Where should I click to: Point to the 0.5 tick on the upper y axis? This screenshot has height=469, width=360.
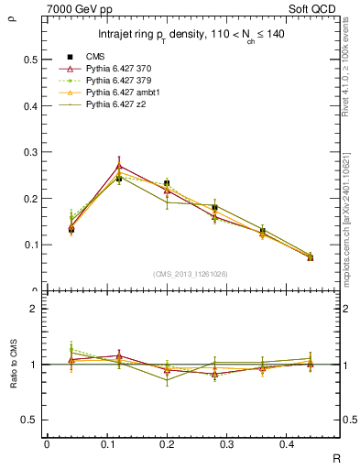(x=32, y=60)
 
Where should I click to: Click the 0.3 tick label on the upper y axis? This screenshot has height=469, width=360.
(x=32, y=152)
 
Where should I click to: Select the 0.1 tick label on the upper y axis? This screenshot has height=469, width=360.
(x=32, y=245)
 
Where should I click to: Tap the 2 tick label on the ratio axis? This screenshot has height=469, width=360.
(x=34, y=309)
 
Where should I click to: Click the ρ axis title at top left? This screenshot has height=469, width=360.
(x=11, y=16)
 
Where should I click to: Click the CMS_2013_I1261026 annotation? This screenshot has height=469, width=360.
(x=191, y=274)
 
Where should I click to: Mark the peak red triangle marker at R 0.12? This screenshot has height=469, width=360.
(x=118, y=166)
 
